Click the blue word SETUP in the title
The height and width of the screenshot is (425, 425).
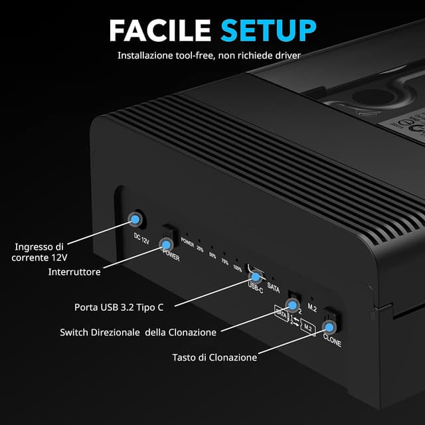pos(268,31)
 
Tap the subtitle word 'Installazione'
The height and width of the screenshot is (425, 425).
pos(145,55)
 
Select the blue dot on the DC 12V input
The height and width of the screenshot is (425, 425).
pos(135,218)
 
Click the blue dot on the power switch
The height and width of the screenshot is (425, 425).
pos(167,244)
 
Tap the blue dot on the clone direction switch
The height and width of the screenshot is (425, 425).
pos(290,305)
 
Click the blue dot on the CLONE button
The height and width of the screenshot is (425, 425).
pos(328,327)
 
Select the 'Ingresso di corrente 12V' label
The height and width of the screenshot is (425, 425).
pos(40,252)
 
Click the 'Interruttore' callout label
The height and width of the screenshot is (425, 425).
pos(74,272)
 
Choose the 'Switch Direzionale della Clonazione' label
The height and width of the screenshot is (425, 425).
pos(137,332)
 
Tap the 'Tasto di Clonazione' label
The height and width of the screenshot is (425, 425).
pos(214,357)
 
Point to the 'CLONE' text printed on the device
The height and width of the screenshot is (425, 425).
pos(332,343)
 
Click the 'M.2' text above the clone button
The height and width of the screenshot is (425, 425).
pos(312,308)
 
